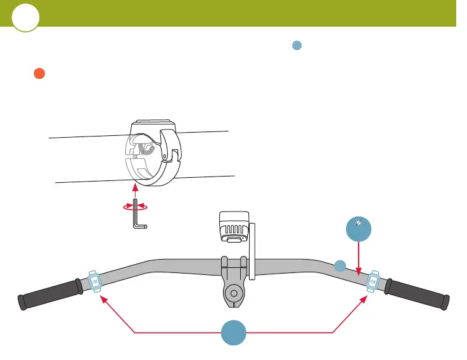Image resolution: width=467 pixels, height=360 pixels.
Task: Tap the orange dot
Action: coord(39,74)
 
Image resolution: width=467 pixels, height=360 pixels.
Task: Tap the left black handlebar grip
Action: coord(50,294)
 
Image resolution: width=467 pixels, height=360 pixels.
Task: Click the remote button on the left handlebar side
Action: coord(94,280)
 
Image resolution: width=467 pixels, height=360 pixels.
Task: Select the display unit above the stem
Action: coord(232,227)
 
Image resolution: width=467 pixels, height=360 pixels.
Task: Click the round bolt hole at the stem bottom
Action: coord(234,295)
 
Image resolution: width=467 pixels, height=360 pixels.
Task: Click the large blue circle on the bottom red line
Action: coord(234,333)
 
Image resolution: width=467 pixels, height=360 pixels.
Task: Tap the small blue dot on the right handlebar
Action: coord(340,266)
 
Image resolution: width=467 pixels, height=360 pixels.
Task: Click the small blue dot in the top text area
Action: coord(296,45)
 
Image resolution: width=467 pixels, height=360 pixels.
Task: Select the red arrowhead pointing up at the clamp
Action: coord(134,187)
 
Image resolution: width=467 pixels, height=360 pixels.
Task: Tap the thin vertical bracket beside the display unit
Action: coord(252,251)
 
